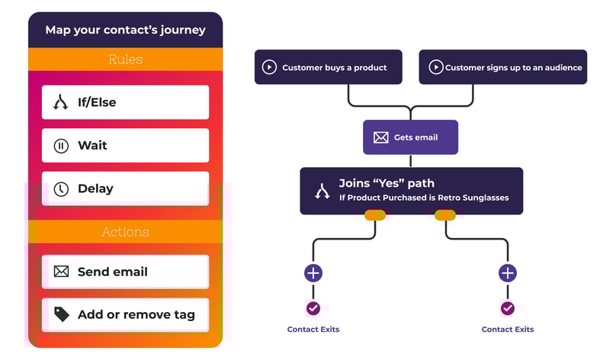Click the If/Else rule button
coord(125,102)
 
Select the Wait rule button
coord(125,145)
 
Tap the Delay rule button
coord(125,188)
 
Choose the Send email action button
coord(125,272)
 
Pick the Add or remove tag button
coord(125,314)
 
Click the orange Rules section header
coord(125,59)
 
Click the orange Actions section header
coord(125,232)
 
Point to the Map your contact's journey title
coord(125,31)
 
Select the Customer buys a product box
coord(328,67)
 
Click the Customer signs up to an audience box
coord(503,67)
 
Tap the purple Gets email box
coord(410,137)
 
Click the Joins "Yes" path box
coord(411,190)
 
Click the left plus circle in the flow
coord(313,273)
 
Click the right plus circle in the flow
coord(508,273)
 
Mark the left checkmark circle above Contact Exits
coord(313,308)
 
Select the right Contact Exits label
coord(508,329)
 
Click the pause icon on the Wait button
coord(61,146)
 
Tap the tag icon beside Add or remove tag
coord(61,314)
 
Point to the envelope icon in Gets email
coord(381,138)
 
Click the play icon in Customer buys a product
coord(269,67)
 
